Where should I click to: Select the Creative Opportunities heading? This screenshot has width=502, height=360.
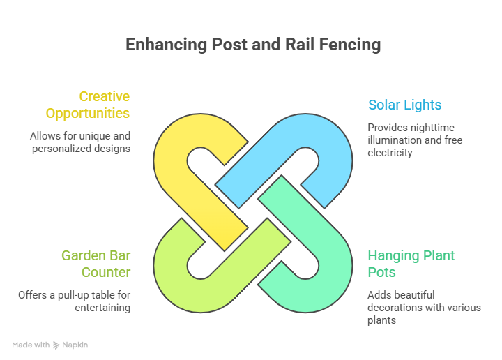(88, 105)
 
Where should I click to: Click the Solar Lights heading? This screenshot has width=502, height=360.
(404, 105)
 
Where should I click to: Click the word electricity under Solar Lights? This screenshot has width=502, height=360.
(390, 152)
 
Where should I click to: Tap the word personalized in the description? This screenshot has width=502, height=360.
(61, 149)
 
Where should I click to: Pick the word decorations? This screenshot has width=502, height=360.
(395, 308)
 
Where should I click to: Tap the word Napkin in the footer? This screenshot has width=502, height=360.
(75, 345)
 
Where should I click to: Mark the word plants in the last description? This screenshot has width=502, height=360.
(381, 320)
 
